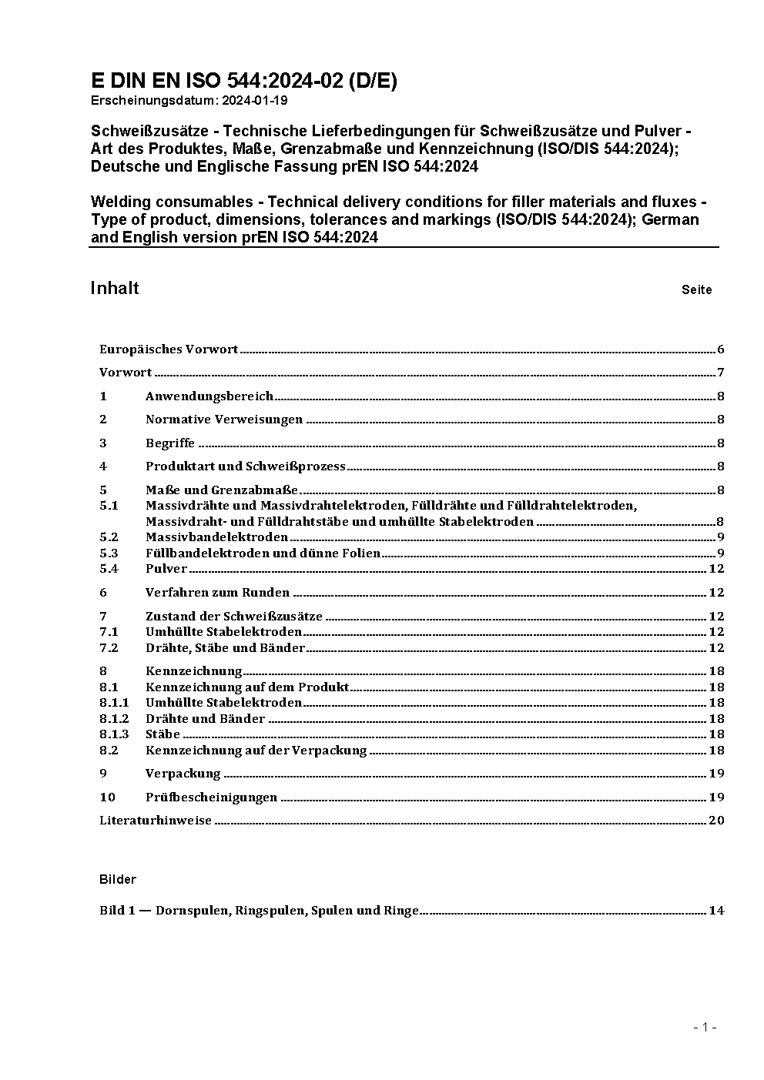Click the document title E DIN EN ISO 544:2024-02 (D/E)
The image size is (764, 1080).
pyautogui.click(x=243, y=81)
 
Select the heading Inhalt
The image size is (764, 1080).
pyautogui.click(x=115, y=288)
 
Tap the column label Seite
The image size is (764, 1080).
pyautogui.click(x=696, y=290)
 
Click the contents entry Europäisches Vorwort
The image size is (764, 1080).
pyautogui.click(x=169, y=349)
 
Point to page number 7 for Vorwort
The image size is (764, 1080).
pyautogui.click(x=720, y=373)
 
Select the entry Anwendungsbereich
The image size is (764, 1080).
pyautogui.click(x=209, y=396)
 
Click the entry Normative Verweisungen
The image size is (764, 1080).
pyautogui.click(x=224, y=420)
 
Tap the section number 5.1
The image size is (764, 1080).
pyautogui.click(x=109, y=506)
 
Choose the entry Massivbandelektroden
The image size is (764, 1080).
pyautogui.click(x=216, y=537)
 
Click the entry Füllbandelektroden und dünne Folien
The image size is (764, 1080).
pyautogui.click(x=263, y=553)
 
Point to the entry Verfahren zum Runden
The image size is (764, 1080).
pyautogui.click(x=217, y=593)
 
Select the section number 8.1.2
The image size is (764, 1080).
pyautogui.click(x=114, y=719)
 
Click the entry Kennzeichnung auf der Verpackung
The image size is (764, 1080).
pyautogui.click(x=256, y=750)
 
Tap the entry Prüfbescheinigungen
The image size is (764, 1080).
pyautogui.click(x=211, y=797)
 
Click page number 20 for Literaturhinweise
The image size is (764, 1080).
pyautogui.click(x=716, y=821)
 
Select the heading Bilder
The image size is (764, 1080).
pyautogui.click(x=118, y=879)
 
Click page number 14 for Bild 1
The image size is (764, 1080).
pyautogui.click(x=716, y=911)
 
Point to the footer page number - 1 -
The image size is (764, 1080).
pyautogui.click(x=705, y=1027)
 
